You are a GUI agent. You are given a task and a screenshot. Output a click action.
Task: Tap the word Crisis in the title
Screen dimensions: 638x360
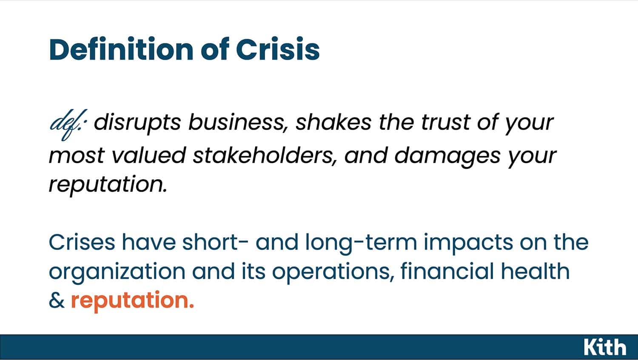click(x=278, y=49)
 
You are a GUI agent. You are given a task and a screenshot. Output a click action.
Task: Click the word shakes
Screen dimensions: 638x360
click(x=333, y=122)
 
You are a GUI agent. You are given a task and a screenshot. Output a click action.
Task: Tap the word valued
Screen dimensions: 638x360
click(x=149, y=155)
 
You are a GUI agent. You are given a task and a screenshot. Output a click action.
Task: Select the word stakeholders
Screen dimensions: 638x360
click(x=265, y=156)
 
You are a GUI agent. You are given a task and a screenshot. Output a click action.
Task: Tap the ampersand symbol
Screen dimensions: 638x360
click(x=57, y=300)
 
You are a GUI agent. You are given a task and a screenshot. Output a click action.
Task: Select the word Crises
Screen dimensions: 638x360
click(x=82, y=242)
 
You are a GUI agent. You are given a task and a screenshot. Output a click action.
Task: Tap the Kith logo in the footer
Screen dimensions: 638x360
click(x=605, y=347)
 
